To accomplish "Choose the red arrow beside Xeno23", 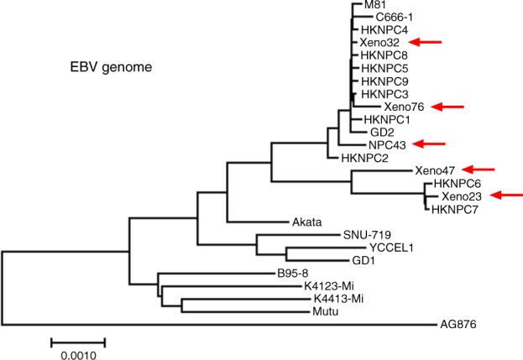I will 506,196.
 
